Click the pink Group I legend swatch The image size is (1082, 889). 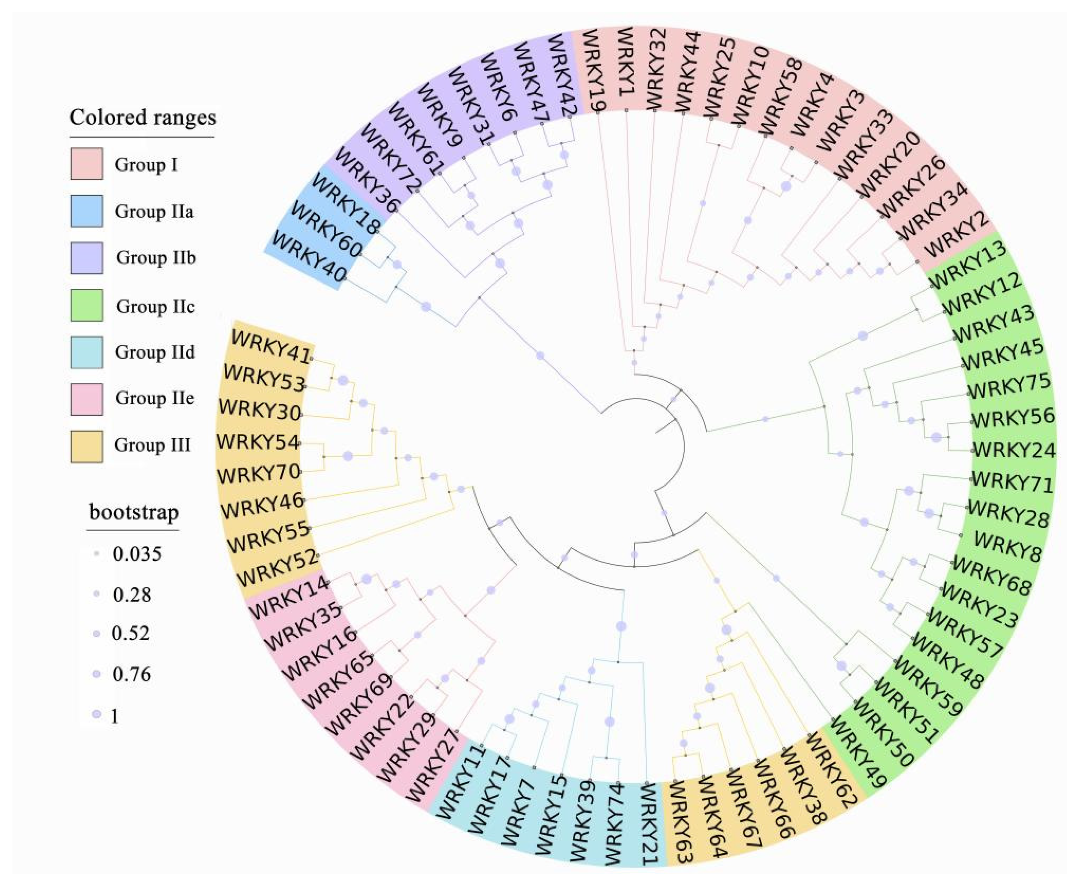pos(86,164)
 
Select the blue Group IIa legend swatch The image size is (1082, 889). pos(86,211)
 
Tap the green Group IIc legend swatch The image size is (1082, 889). pos(86,305)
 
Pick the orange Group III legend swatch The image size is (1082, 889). pos(86,446)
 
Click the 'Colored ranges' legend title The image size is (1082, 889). pos(143,117)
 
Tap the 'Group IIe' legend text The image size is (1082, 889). pos(155,398)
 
